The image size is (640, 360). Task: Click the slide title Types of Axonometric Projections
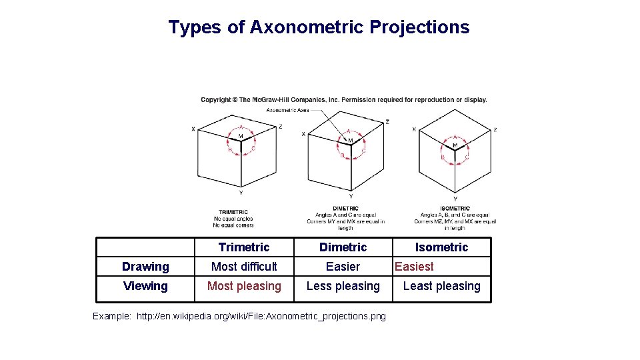pyautogui.click(x=319, y=27)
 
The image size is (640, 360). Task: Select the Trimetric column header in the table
pyautogui.click(x=243, y=247)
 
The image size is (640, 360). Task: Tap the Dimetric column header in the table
pyautogui.click(x=343, y=247)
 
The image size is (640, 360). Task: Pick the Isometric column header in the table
pyautogui.click(x=441, y=247)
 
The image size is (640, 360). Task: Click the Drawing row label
pyautogui.click(x=145, y=267)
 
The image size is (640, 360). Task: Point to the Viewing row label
pyautogui.click(x=145, y=286)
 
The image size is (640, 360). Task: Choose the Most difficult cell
pyautogui.click(x=244, y=267)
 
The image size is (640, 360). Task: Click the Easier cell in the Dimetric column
pyautogui.click(x=343, y=267)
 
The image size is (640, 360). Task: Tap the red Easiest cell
pyautogui.click(x=414, y=267)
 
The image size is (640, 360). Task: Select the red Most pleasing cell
pyautogui.click(x=244, y=286)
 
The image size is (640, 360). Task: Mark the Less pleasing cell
pyautogui.click(x=343, y=286)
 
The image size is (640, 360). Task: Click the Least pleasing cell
pyautogui.click(x=441, y=286)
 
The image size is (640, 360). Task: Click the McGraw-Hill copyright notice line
pyautogui.click(x=344, y=100)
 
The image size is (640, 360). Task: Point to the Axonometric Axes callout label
pyautogui.click(x=287, y=110)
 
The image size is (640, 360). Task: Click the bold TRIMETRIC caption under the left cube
pyautogui.click(x=233, y=213)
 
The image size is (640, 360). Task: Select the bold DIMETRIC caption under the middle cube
pyautogui.click(x=345, y=209)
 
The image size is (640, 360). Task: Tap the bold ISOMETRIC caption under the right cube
pyautogui.click(x=455, y=209)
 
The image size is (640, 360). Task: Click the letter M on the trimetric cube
pyautogui.click(x=241, y=136)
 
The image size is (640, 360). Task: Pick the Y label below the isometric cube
pyautogui.click(x=455, y=198)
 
